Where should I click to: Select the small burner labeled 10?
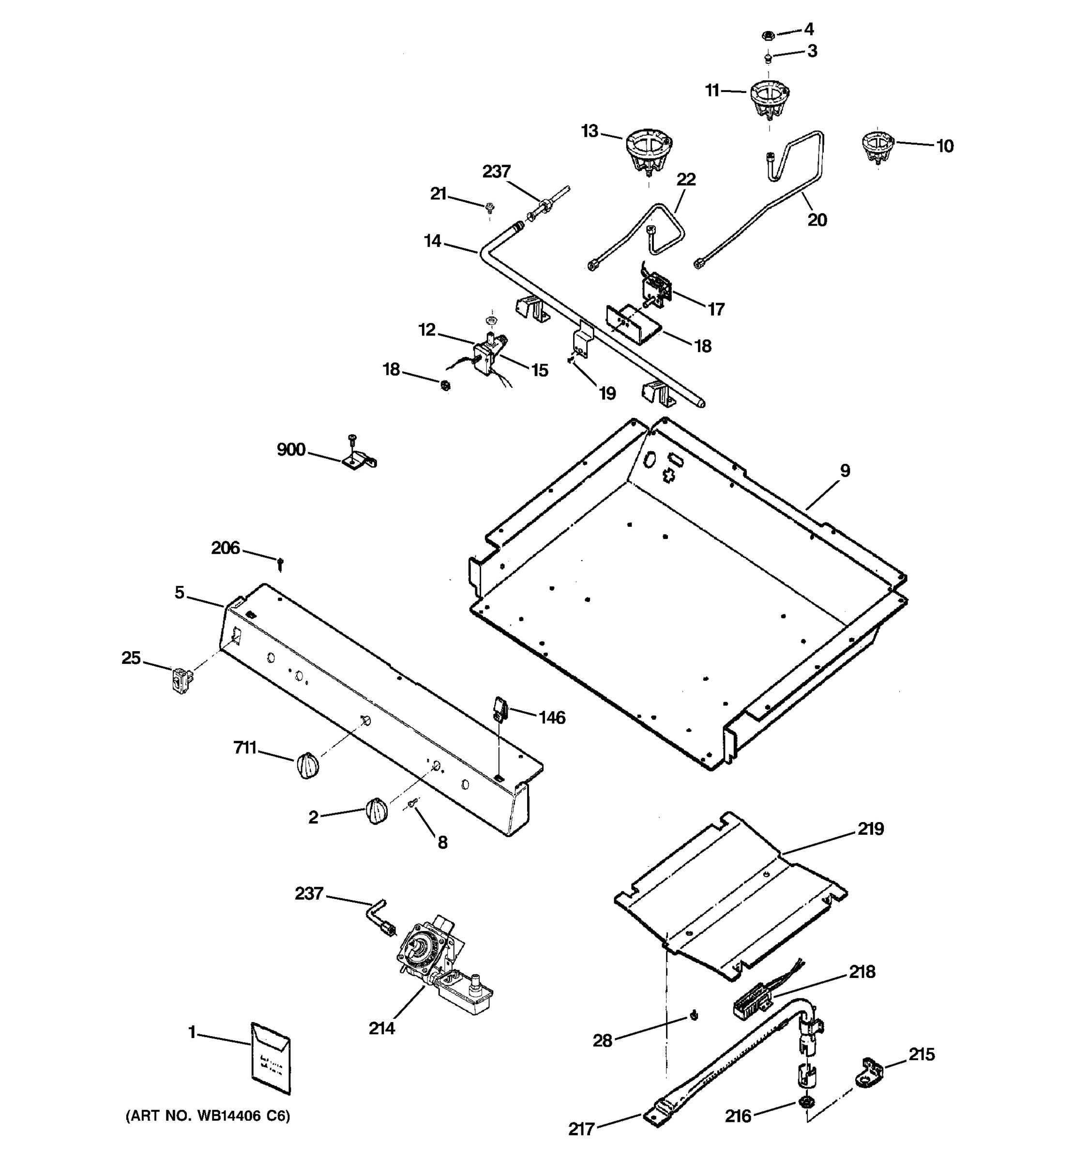(x=877, y=146)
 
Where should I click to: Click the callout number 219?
(x=871, y=829)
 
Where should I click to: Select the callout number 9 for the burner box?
(x=845, y=471)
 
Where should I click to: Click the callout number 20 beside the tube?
(x=817, y=220)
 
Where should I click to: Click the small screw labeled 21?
(x=490, y=206)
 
